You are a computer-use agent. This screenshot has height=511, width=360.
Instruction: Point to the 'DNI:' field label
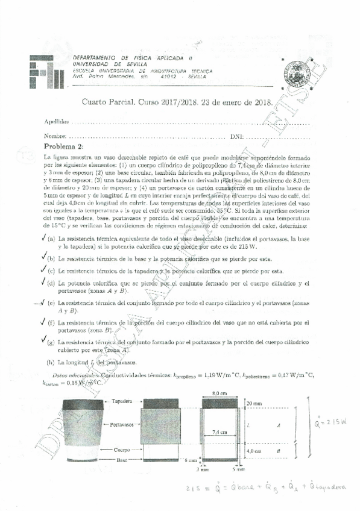237,136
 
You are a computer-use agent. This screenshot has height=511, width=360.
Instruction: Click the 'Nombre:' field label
55,136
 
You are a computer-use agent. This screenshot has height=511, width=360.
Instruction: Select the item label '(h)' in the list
51,362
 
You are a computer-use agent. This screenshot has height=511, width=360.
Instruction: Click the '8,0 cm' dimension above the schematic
219,394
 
